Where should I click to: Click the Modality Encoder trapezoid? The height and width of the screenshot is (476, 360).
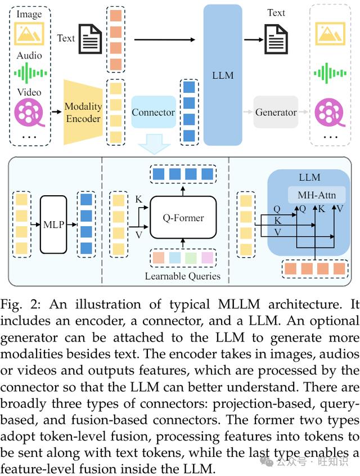tap(83, 113)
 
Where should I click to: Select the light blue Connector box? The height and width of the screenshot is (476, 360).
tap(154, 112)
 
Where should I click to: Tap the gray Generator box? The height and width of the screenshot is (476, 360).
tap(276, 112)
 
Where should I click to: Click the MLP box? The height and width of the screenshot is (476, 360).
tap(53, 224)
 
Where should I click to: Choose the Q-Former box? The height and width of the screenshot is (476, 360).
tap(183, 217)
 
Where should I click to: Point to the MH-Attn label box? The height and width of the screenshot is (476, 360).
tap(317, 195)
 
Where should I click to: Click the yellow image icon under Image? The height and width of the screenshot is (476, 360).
tap(29, 33)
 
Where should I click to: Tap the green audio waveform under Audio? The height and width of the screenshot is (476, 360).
tap(30, 73)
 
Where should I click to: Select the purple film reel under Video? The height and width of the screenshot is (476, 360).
tap(29, 112)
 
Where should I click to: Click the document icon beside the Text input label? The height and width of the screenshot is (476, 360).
tap(90, 39)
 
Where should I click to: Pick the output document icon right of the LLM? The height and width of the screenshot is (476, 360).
tap(276, 39)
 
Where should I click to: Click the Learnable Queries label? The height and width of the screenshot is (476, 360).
tap(183, 276)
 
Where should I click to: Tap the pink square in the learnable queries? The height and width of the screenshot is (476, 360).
tap(208, 258)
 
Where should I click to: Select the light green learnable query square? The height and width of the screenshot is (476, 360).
tap(191, 258)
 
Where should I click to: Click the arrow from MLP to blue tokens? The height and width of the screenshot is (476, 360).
tap(72, 224)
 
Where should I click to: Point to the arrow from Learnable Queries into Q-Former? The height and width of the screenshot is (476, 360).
tap(183, 243)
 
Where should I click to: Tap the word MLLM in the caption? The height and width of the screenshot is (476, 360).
tap(238, 304)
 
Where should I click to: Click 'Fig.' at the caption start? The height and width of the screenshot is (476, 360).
tap(11, 305)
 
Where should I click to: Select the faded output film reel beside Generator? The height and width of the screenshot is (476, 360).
tap(330, 112)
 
